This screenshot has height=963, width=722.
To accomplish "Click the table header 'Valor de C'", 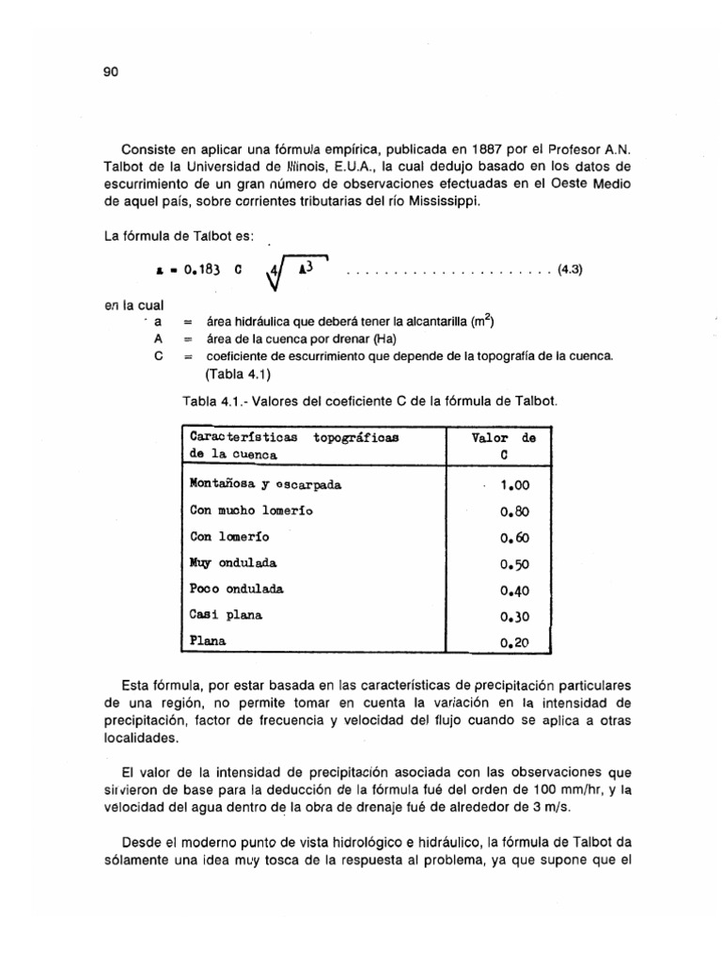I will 503,445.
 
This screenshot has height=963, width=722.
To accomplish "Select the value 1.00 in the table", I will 514,485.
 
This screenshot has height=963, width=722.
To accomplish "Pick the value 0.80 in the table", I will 514,512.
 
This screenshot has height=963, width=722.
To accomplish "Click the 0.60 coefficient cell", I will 514,538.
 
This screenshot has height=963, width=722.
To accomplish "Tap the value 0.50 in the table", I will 514,564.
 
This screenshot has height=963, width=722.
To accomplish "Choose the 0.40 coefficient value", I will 514,591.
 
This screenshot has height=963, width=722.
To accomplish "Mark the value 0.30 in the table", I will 514,617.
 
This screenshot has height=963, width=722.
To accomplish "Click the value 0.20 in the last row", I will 514,643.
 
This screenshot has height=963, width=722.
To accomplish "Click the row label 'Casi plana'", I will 227,616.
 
